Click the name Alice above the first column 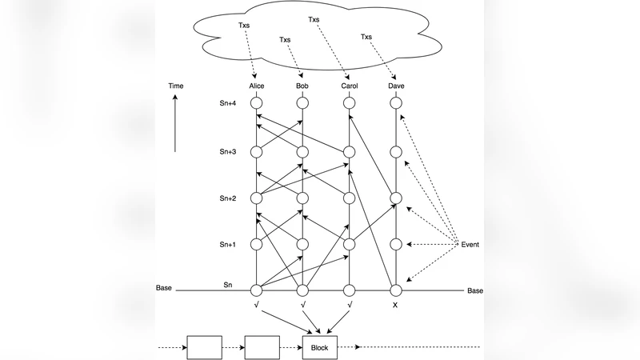[x=257, y=86]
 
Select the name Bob [x=302, y=86]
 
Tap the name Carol [x=348, y=86]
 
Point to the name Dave [x=394, y=86]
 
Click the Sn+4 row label [x=228, y=103]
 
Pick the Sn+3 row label [x=228, y=151]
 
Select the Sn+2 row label [x=228, y=198]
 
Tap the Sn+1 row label [x=228, y=244]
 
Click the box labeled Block [x=320, y=348]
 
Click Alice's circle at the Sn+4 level [x=257, y=103]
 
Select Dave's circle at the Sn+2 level [x=394, y=198]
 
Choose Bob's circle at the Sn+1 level [x=302, y=244]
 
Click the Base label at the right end [x=475, y=290]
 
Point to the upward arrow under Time [x=176, y=124]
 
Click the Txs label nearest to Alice [x=244, y=25]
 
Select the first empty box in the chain [x=205, y=348]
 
